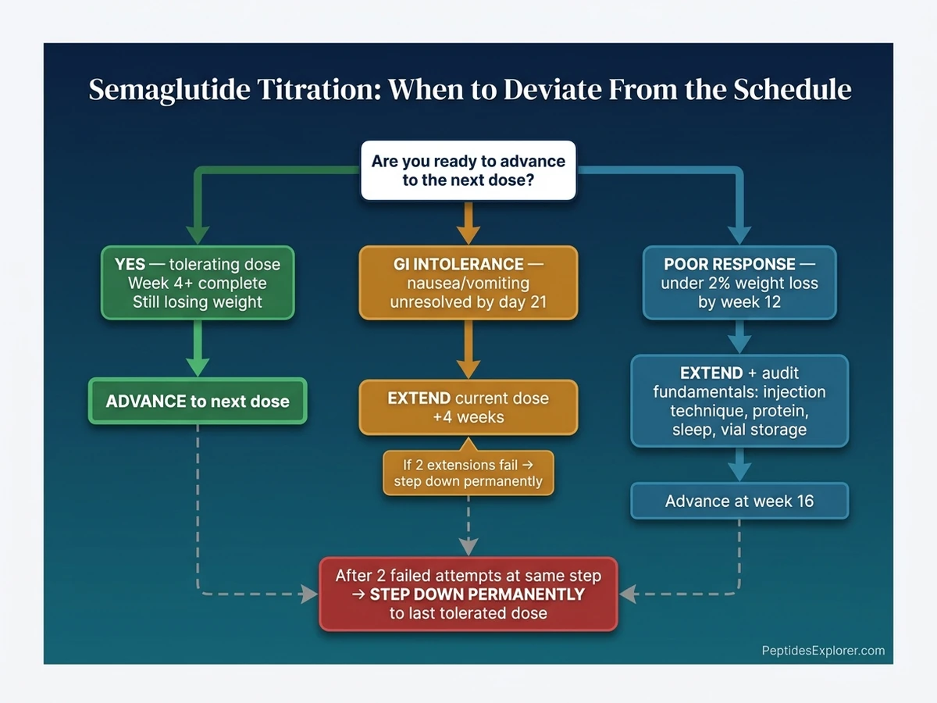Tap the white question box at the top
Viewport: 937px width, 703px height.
click(468, 170)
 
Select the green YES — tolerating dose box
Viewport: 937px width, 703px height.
click(198, 283)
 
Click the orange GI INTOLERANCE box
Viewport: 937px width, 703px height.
click(468, 283)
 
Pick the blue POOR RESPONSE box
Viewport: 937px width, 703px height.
click(739, 283)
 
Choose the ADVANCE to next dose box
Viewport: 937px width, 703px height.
click(198, 401)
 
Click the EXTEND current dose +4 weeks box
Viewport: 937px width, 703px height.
click(468, 407)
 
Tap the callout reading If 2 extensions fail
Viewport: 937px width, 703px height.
click(468, 473)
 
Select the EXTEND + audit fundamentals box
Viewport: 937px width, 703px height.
click(739, 401)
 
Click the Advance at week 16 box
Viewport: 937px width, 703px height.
click(739, 501)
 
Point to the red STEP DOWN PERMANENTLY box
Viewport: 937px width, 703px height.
click(468, 594)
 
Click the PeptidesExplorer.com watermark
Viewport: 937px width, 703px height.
click(823, 650)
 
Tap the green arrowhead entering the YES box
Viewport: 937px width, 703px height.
click(198, 234)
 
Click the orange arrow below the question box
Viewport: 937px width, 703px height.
click(468, 223)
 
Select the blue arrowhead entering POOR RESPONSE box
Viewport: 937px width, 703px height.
click(739, 234)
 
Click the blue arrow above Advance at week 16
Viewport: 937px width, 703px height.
click(739, 466)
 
